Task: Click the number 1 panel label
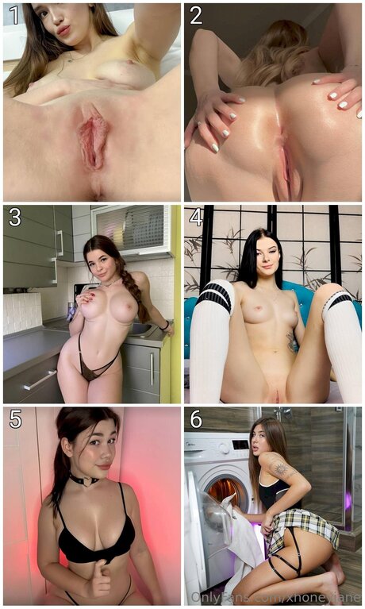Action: tap(13, 16)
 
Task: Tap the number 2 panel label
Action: tap(195, 16)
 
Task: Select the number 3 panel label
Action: tap(13, 218)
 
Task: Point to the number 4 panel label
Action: tap(195, 218)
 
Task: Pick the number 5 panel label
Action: tap(13, 419)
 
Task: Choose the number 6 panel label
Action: tap(195, 419)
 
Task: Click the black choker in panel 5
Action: tap(83, 480)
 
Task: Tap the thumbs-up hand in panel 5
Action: tap(98, 580)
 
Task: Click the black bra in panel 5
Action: tap(95, 544)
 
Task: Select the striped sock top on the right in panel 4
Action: tap(337, 300)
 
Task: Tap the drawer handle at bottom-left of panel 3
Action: tap(40, 381)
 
